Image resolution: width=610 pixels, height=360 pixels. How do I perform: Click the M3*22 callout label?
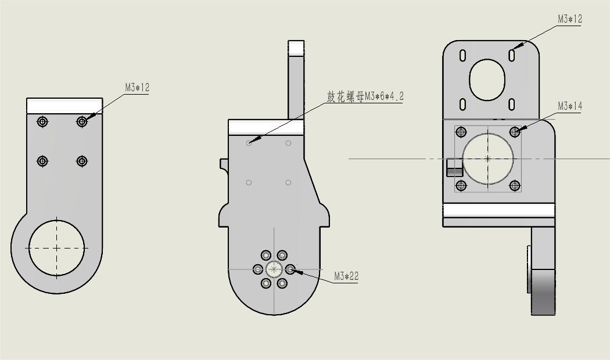point(346,276)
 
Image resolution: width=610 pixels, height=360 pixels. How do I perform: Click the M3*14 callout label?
point(569,106)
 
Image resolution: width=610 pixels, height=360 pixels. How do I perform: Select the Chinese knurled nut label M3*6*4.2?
point(365,96)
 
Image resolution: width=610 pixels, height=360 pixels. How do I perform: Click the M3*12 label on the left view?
point(137,88)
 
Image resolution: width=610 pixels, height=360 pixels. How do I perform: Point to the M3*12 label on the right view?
point(569,19)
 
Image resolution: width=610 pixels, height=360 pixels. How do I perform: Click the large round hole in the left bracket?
point(57,248)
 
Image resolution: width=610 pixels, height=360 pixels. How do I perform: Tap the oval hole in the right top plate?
point(487,79)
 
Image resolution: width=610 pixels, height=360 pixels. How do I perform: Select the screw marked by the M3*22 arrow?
point(290,269)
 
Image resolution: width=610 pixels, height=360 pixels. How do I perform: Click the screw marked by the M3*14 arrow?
point(515,132)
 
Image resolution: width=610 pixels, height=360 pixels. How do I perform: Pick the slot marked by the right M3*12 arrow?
point(511,55)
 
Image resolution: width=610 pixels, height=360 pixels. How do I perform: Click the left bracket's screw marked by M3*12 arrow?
point(82,121)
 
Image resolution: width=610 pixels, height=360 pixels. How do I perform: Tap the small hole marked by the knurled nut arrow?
point(249,143)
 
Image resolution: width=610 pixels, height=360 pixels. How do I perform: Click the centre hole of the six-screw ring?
point(274,269)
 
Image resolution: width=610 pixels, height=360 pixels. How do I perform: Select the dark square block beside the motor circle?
point(454,167)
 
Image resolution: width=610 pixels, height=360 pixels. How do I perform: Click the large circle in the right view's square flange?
point(488,159)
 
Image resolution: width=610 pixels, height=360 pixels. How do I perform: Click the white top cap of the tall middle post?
point(296,48)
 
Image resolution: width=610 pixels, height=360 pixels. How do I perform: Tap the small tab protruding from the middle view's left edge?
point(224,164)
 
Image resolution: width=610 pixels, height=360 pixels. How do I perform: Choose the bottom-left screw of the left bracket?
point(42,161)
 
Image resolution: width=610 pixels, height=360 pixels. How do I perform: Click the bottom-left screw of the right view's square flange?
point(461,186)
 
